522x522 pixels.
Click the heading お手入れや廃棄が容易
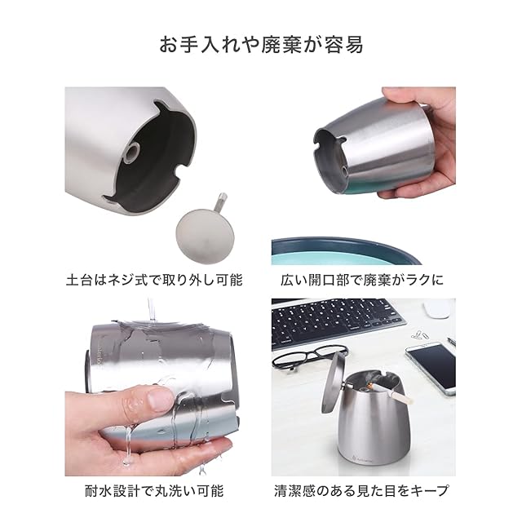(x=261, y=45)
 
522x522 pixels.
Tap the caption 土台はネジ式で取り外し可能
(x=154, y=280)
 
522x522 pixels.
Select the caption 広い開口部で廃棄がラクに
(x=362, y=280)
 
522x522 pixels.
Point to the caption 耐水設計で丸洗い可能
(x=154, y=491)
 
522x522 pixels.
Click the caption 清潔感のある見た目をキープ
(x=361, y=491)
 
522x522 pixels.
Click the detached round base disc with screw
(x=205, y=234)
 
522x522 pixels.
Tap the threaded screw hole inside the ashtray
(x=132, y=153)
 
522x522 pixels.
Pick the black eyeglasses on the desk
(x=310, y=358)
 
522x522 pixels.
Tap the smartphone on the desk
(x=431, y=368)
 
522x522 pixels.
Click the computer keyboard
(x=337, y=322)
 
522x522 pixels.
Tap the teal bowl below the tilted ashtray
(x=346, y=250)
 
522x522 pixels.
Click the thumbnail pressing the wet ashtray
(x=160, y=400)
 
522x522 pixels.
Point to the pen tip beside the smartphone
(x=451, y=341)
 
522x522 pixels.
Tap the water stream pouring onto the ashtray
(x=152, y=310)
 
